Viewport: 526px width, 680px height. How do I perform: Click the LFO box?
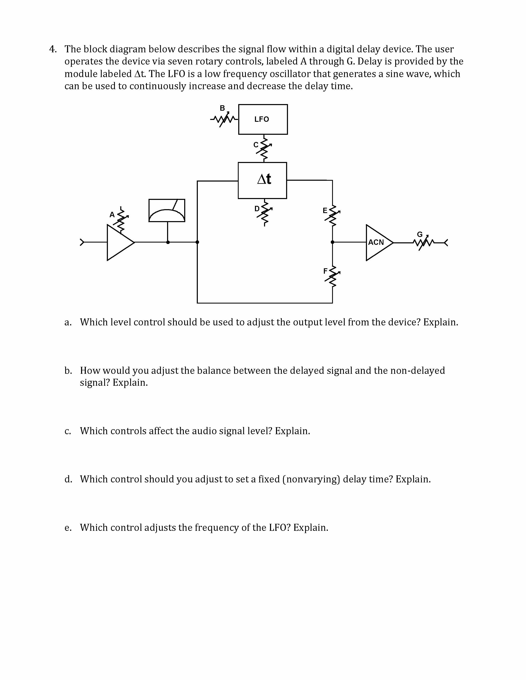tap(263, 119)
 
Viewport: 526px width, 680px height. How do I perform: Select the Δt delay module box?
tap(262, 180)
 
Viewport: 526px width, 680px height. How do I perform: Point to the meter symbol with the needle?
tap(167, 210)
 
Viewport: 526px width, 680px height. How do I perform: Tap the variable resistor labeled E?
tap(333, 215)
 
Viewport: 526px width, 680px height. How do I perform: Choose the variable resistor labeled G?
tap(423, 242)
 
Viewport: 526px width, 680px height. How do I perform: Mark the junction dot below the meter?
tap(168, 242)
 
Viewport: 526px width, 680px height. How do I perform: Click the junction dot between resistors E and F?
tap(333, 242)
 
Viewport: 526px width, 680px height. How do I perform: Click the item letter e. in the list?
tap(68, 528)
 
